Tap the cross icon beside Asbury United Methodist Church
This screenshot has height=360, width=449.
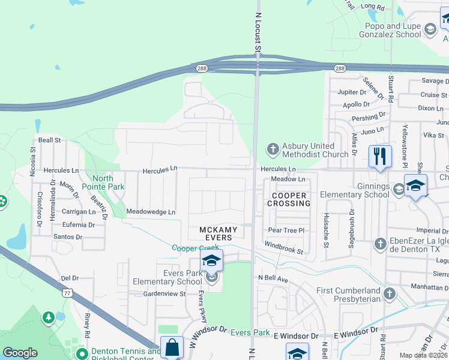click(x=273, y=148)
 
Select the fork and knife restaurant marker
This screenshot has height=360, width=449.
click(x=379, y=157)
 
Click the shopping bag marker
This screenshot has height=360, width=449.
click(x=172, y=348)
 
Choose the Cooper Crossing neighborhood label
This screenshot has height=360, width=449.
click(x=291, y=199)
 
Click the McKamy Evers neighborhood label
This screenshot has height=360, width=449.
click(x=218, y=234)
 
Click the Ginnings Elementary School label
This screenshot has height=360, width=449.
click(x=354, y=190)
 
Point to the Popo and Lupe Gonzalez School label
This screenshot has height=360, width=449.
click(x=393, y=30)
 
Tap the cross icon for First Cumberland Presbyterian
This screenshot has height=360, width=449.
click(x=390, y=293)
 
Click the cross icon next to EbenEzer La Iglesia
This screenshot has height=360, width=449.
click(x=379, y=244)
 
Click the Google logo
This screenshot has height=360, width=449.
click(x=20, y=353)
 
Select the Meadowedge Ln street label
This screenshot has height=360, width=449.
click(x=150, y=212)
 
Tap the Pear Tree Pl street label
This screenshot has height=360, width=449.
click(x=287, y=230)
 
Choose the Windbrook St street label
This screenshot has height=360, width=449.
click(x=284, y=247)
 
